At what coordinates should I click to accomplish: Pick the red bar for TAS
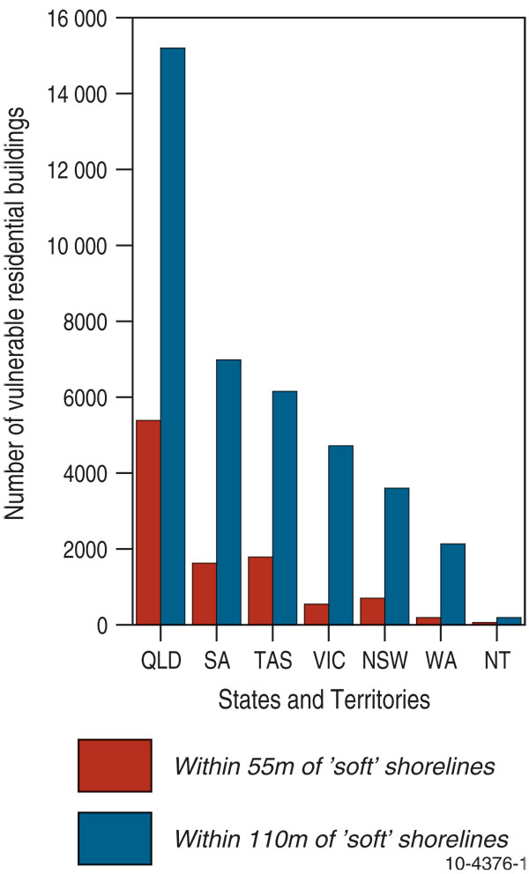[260, 590]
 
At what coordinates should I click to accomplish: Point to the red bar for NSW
[372, 611]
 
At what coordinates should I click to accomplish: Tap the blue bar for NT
[509, 621]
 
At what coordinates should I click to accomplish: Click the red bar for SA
[204, 593]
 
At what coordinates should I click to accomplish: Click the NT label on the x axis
[496, 660]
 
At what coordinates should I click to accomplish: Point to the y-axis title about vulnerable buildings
[16, 317]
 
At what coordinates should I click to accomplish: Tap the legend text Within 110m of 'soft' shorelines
[341, 838]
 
